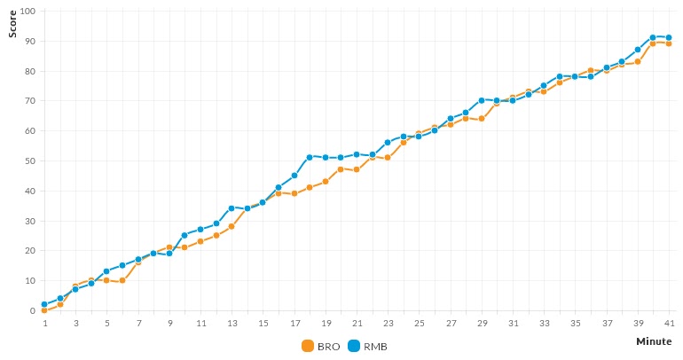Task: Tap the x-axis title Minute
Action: click(653, 340)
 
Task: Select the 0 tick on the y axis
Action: click(31, 311)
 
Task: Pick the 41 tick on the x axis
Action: click(669, 324)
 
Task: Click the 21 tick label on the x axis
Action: click(357, 324)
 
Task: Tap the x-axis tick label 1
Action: click(44, 324)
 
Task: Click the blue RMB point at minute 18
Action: click(310, 157)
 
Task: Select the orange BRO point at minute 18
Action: click(310, 187)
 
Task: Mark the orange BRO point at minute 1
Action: click(44, 310)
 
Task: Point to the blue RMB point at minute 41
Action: click(669, 37)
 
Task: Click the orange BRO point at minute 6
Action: click(122, 280)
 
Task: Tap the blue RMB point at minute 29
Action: click(482, 100)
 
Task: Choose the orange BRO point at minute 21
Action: click(357, 169)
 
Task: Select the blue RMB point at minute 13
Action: click(232, 208)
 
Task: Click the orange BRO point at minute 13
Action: click(232, 226)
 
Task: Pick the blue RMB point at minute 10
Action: click(184, 235)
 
